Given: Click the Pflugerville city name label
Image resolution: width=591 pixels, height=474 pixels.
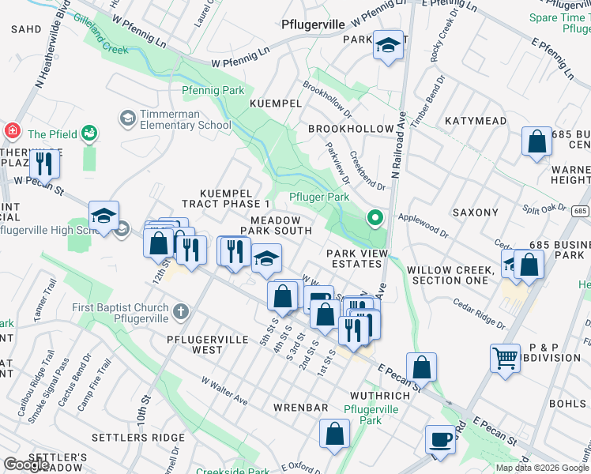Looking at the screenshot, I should pos(313,24).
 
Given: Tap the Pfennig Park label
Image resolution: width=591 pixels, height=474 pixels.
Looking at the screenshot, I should pos(213,91).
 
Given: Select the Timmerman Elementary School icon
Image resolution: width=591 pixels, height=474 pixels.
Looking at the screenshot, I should pos(127,118).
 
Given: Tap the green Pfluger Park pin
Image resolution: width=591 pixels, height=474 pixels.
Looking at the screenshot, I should pos(375,217).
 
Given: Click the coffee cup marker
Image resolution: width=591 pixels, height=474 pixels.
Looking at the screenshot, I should pos(440,438).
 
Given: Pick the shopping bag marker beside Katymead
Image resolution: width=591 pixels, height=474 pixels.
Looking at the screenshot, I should pos(536,143).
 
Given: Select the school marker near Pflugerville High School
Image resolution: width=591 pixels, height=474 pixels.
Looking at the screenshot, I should pos(104,216).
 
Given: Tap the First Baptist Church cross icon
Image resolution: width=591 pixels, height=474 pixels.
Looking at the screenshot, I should pos(181,312).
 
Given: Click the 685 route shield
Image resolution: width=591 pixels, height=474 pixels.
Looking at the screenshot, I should pos(581,211).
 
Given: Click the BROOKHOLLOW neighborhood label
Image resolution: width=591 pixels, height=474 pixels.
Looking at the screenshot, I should pos(351,129).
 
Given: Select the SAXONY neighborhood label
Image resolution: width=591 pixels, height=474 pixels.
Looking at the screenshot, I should pos(475,213).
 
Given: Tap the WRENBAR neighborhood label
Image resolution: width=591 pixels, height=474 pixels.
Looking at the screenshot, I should pos(300,408).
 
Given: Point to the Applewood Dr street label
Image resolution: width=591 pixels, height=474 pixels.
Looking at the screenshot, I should pos(423,225).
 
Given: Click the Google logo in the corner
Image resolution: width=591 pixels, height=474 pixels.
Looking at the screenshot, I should pos(26,465).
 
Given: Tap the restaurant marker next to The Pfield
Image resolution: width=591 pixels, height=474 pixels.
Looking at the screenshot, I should pos(44,164).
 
